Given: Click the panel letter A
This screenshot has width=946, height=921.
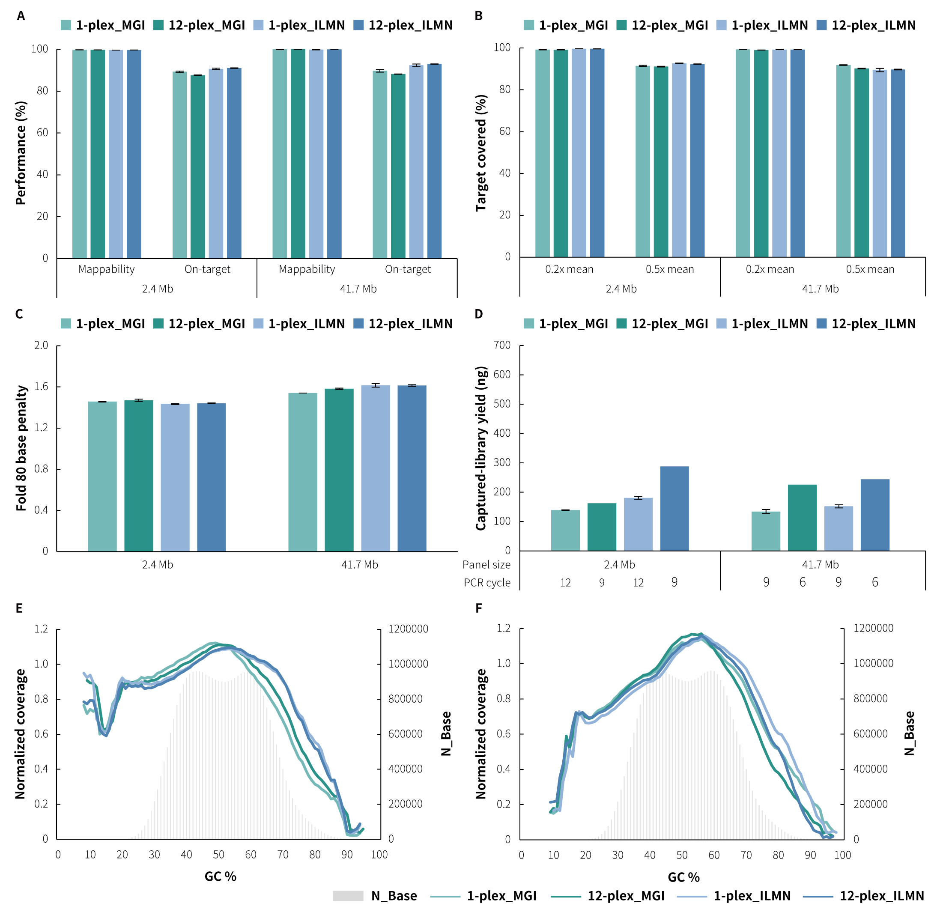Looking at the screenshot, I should [21, 16].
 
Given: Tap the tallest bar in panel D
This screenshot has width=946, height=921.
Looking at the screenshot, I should [674, 508].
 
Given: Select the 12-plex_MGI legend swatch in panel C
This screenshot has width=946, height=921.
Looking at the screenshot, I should [158, 324].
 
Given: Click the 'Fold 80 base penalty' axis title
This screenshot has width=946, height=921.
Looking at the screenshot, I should [21, 448].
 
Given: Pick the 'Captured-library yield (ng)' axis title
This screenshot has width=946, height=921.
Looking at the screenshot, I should [480, 448].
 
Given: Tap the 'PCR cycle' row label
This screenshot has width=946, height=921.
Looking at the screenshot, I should [487, 582].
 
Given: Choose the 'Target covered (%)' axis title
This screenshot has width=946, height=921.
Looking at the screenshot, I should [480, 153].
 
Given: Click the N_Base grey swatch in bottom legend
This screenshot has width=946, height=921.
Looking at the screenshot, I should [348, 896].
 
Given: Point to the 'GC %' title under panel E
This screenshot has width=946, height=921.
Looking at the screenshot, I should [220, 876].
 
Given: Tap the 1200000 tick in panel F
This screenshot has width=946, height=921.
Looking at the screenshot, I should [874, 629].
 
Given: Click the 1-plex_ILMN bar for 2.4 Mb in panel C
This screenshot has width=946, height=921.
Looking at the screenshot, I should [175, 477].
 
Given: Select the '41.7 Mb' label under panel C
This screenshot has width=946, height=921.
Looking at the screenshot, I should [360, 564].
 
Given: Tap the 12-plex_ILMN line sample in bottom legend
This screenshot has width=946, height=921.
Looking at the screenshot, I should [818, 896].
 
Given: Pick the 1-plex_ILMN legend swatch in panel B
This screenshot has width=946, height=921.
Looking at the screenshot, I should [722, 25].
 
